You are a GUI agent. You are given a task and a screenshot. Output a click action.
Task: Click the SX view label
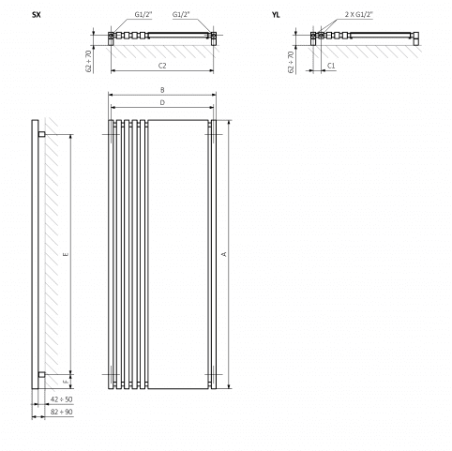coord(37,15)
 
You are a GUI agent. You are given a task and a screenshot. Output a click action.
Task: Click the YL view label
coord(276,15)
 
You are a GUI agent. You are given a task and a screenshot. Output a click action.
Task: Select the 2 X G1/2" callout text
coord(359,14)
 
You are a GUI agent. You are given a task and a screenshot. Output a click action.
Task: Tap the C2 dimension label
coord(162,66)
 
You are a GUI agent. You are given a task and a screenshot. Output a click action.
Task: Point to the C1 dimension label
coord(331,66)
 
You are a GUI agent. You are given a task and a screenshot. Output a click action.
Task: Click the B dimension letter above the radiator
coord(162,90)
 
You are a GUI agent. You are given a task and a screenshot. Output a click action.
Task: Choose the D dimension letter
coord(162,102)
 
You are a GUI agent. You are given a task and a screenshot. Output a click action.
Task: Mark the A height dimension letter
coord(223,254)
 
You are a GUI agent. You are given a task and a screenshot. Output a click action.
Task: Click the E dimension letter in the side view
coord(66,254)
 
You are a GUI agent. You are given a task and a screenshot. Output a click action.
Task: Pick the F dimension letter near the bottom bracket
coord(66,382)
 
